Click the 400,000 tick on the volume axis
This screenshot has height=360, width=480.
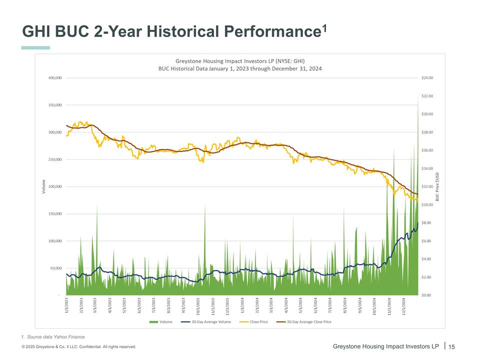click(x=54, y=78)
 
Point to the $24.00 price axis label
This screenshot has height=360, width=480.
click(x=427, y=78)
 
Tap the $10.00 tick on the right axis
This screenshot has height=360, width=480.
click(x=427, y=204)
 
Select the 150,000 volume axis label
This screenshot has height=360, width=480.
click(x=54, y=213)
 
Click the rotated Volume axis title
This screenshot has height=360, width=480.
click(x=43, y=186)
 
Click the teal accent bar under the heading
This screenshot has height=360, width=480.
click(x=35, y=48)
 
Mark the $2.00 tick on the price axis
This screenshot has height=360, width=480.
click(x=426, y=277)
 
